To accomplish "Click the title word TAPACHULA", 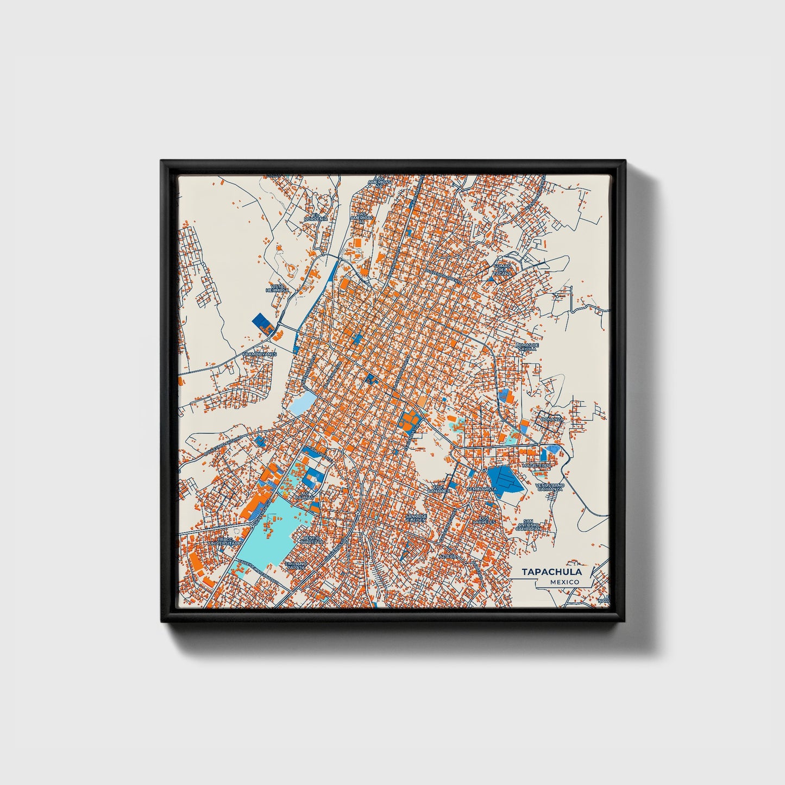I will coord(552,572).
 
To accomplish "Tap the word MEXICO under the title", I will coord(564,582).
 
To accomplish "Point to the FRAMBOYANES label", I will coord(260,354).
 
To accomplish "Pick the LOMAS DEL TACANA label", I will coord(503,269).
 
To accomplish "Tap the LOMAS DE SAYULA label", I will coord(527,347).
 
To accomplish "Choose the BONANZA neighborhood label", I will coord(552,420).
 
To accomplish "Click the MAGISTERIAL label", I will coord(536,466).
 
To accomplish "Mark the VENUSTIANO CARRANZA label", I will coord(550,487).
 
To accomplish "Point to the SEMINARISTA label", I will coord(482,489).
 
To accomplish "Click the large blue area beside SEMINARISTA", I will coord(505,479).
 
